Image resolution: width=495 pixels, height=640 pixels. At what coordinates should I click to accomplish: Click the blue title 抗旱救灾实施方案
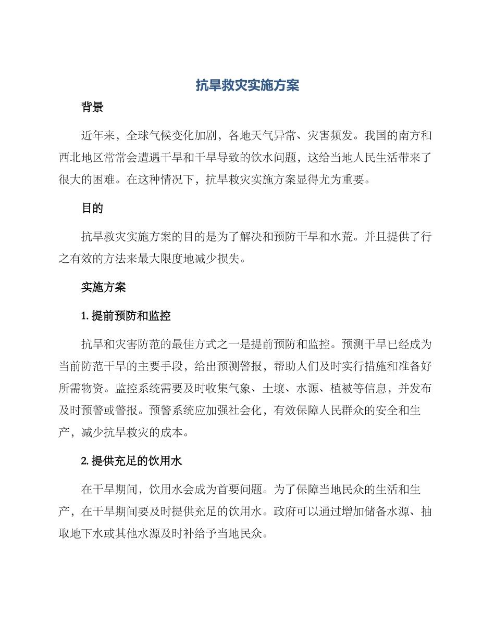point(247,85)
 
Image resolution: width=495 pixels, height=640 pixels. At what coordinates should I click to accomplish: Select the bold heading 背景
point(92,108)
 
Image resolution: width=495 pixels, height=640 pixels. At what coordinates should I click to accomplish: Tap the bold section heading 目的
point(92,209)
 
